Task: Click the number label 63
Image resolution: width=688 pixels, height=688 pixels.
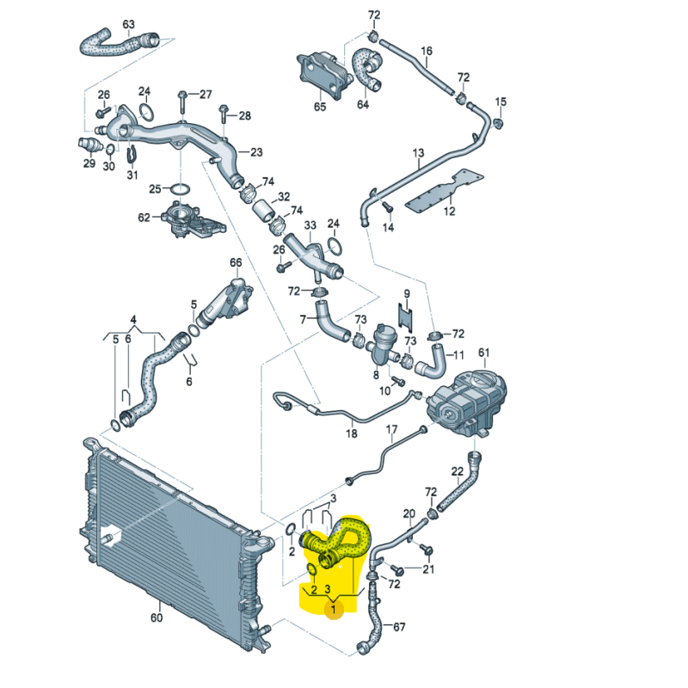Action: [x=128, y=24]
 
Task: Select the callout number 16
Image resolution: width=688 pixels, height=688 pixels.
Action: [x=427, y=52]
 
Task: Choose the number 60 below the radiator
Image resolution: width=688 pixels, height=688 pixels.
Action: [x=156, y=617]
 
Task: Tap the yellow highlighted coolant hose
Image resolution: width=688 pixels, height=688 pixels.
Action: [x=344, y=542]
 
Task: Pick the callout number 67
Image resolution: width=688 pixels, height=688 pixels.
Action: [x=398, y=627]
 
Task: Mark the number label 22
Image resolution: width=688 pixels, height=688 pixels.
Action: [x=458, y=470]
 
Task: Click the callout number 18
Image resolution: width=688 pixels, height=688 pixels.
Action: [x=351, y=434]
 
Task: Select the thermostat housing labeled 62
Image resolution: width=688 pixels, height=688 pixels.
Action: [x=191, y=221]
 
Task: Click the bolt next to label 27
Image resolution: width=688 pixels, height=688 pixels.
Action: [x=183, y=101]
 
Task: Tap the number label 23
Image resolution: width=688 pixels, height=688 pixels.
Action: [x=256, y=152]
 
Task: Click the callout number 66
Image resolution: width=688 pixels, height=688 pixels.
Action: [x=236, y=262]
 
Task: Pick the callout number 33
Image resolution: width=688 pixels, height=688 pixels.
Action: [x=310, y=226]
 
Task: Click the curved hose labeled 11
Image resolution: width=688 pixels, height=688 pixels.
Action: [x=434, y=361]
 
